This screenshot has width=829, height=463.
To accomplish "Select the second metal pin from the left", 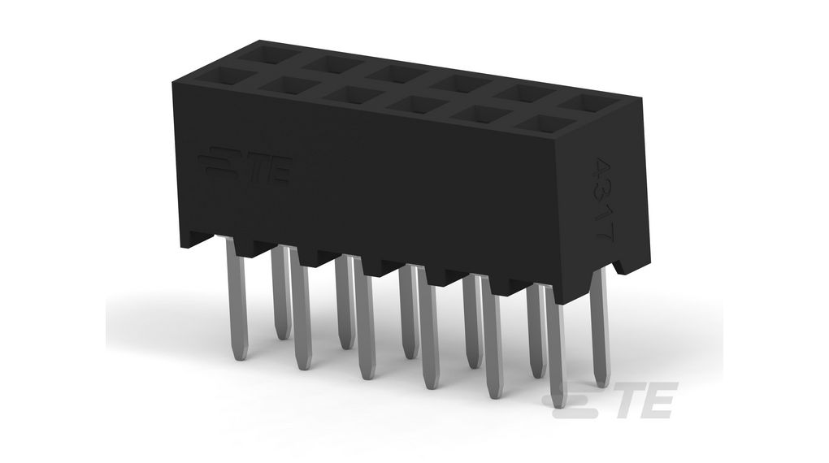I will pyautogui.click(x=280, y=292).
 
